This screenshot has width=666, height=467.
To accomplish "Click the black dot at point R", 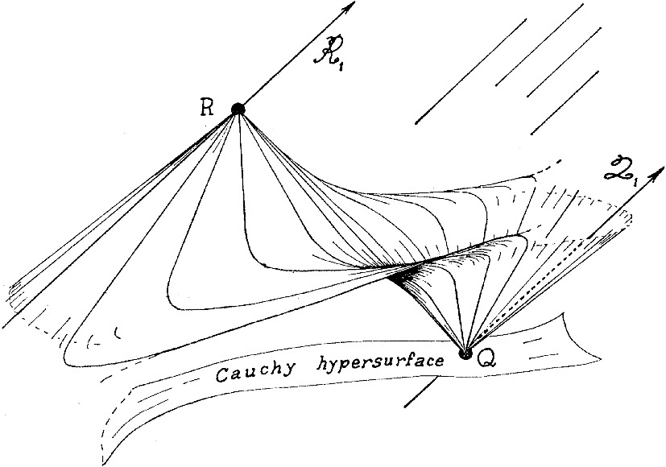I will tap(238, 109).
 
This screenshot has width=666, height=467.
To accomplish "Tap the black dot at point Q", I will tap(465, 352).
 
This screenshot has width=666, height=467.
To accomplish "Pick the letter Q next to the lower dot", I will tap(486, 360).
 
